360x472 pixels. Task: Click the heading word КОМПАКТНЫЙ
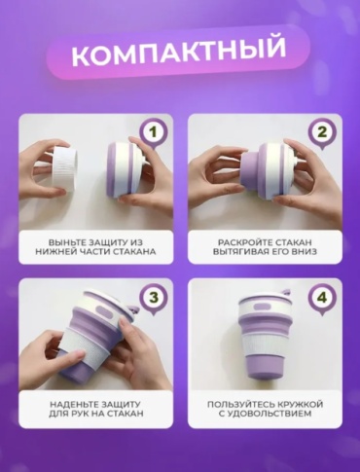pyautogui.click(x=178, y=52)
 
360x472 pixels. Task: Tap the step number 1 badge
pyautogui.click(x=153, y=133)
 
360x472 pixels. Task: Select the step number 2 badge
pyautogui.click(x=322, y=133)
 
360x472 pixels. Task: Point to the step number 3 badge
pyautogui.click(x=153, y=298)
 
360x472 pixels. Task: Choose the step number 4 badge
pyautogui.click(x=322, y=298)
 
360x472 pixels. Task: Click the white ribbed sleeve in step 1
pyautogui.click(x=65, y=168)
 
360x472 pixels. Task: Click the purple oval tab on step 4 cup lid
pyautogui.click(x=263, y=307)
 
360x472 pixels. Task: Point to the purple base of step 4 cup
pyautogui.click(x=265, y=366)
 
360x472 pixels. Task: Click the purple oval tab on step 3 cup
pyautogui.click(x=104, y=313)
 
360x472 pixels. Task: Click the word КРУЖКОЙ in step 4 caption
pyautogui.click(x=297, y=405)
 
